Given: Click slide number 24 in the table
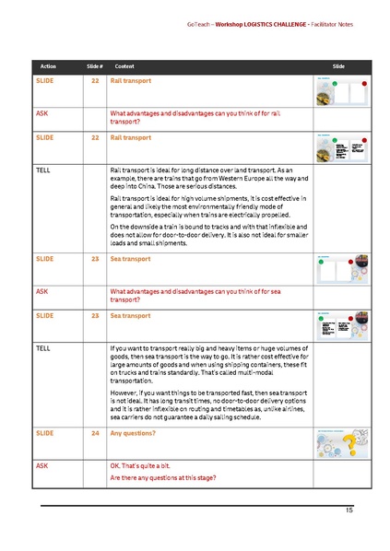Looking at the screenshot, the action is pos(94,431).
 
